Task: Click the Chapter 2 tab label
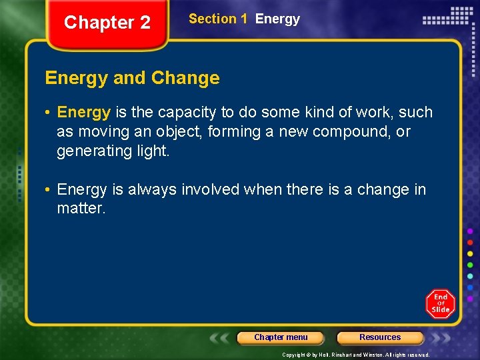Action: tap(107, 23)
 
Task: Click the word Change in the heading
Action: tap(185, 78)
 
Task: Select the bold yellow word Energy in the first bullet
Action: tap(83, 112)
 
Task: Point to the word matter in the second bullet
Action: tap(80, 209)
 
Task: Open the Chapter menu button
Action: tap(281, 337)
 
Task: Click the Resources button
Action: tap(380, 337)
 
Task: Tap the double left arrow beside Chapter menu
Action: tap(221, 337)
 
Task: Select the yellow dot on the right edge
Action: tap(470, 253)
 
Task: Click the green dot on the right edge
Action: tap(470, 265)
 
